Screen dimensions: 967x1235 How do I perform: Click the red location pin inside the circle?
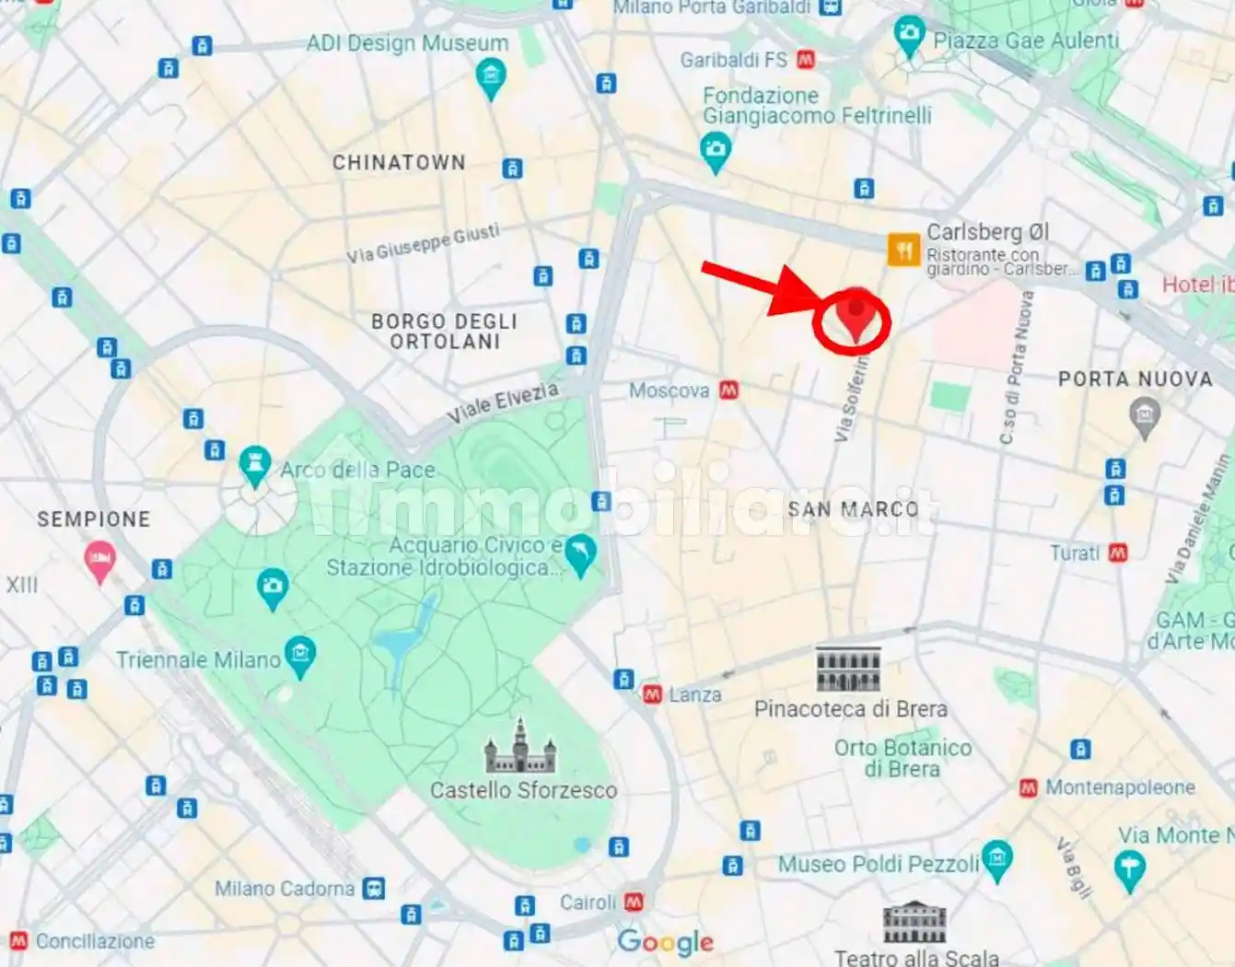click(x=856, y=313)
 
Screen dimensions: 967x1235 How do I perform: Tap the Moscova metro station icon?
click(x=729, y=390)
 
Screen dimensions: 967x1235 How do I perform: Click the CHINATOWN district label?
click(x=399, y=162)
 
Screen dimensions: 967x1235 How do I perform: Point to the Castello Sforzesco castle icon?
click(x=520, y=747)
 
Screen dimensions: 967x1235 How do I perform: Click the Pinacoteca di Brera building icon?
click(x=848, y=669)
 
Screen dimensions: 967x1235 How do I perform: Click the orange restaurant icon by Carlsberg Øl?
click(x=903, y=250)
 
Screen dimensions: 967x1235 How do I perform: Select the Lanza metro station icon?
click(x=653, y=694)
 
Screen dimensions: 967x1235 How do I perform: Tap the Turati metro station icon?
click(x=1118, y=553)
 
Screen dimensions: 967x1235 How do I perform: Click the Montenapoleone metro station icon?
click(x=1029, y=788)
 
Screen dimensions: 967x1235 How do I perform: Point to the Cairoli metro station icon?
click(x=634, y=903)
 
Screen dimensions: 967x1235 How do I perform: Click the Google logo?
click(x=665, y=941)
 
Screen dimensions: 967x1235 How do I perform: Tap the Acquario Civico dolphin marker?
click(x=580, y=553)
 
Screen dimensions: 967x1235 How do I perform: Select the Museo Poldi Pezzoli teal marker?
click(x=996, y=858)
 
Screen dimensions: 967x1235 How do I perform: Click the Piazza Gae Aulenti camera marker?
click(x=909, y=35)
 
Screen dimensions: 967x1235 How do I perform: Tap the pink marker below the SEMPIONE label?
click(x=99, y=559)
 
